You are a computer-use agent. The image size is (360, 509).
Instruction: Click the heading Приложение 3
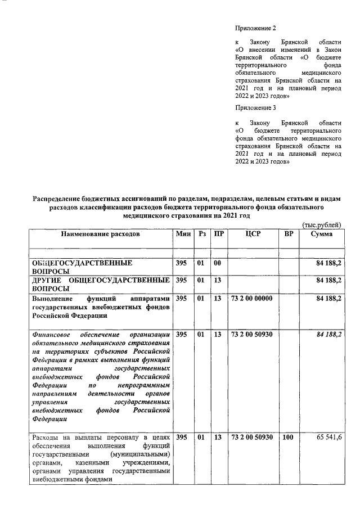tap(256, 107)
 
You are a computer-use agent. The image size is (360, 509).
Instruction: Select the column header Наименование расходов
tap(101, 233)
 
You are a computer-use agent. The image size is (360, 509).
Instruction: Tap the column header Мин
tap(183, 233)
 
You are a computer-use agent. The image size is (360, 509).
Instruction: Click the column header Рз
tap(202, 233)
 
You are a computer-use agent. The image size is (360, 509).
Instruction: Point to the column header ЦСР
tap(253, 233)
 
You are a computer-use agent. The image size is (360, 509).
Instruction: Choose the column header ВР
tap(289, 233)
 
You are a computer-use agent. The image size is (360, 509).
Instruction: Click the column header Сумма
tap(324, 233)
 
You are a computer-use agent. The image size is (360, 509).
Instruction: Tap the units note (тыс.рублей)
tap(322, 224)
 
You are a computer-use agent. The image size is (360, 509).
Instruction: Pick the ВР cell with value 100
tap(289, 437)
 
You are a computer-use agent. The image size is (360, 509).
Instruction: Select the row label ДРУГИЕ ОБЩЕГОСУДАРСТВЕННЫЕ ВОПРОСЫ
tap(101, 284)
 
